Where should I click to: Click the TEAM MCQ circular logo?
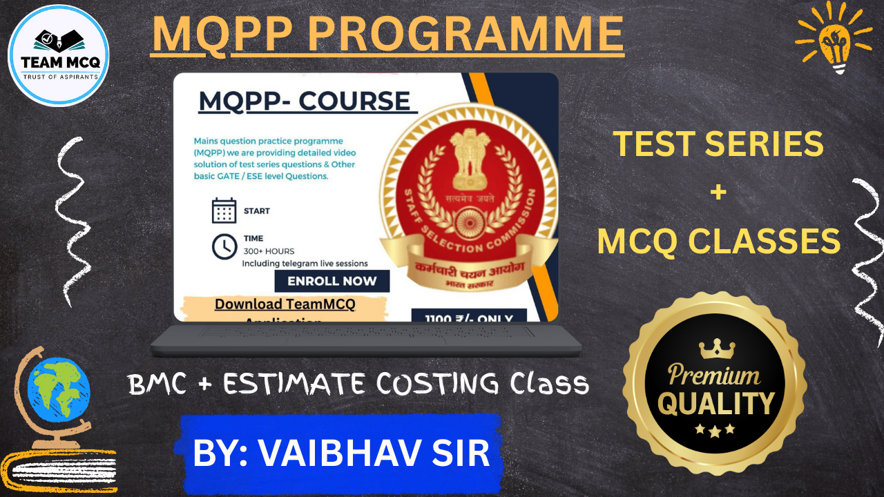click(x=58, y=55)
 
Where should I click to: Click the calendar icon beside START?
click(x=224, y=211)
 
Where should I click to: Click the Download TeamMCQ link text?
click(x=285, y=304)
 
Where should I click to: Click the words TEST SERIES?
click(x=718, y=144)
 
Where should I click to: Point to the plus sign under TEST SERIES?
click(x=718, y=193)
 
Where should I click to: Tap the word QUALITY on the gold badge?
click(x=715, y=402)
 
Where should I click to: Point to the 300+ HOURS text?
click(x=269, y=251)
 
